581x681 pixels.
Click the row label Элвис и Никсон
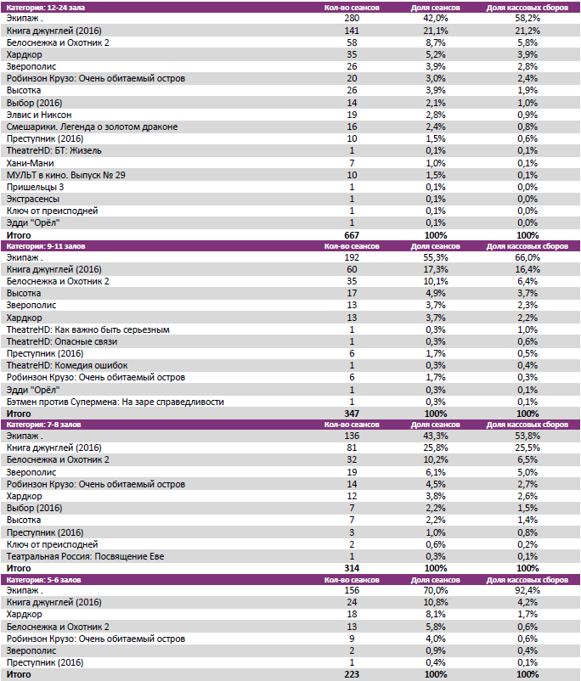(x=39, y=115)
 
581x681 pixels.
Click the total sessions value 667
(x=352, y=234)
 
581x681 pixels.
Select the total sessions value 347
(x=352, y=413)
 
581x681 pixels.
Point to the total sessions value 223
(x=352, y=675)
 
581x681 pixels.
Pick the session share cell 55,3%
(x=436, y=257)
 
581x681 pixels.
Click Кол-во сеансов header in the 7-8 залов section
(x=352, y=424)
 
